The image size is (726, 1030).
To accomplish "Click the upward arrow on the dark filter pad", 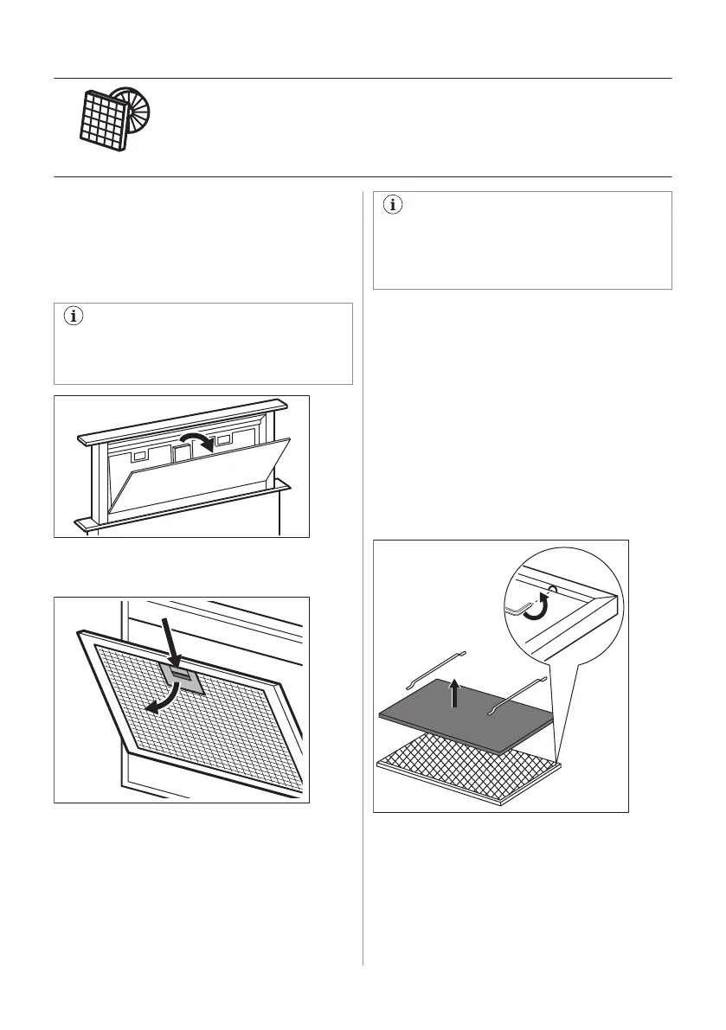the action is [453, 692].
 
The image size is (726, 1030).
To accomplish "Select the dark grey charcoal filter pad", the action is [467, 718].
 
